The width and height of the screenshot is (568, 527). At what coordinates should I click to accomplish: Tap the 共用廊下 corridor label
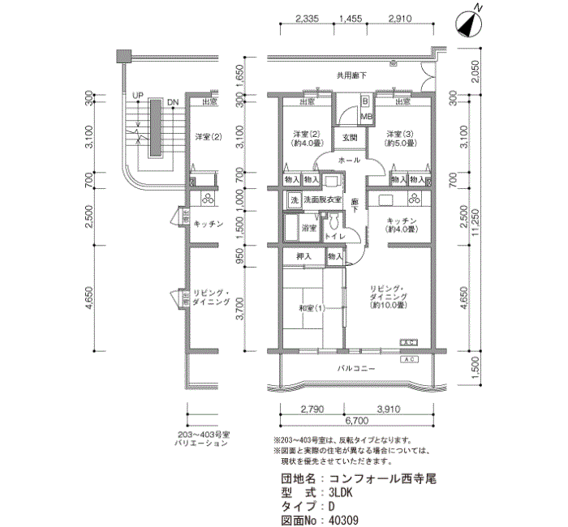[x=352, y=75]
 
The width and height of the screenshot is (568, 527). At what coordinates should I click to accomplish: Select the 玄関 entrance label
[x=350, y=137]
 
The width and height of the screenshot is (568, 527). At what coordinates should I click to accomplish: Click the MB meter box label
[x=366, y=117]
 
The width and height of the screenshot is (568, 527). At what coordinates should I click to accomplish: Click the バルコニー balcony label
[x=356, y=369]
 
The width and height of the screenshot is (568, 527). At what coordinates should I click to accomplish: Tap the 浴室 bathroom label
[x=308, y=229]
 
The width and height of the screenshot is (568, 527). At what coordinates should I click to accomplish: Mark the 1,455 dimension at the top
[x=351, y=17]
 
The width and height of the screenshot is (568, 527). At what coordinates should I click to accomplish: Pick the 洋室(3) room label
[x=400, y=138]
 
